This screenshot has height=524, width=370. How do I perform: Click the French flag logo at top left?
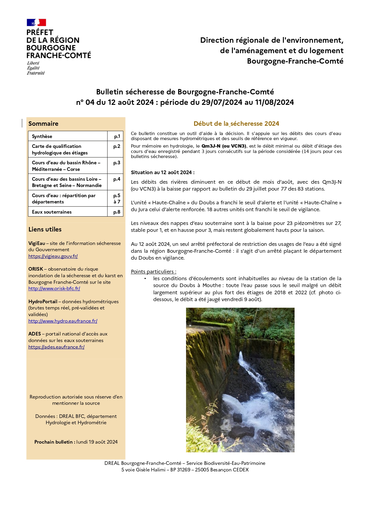point(36,22)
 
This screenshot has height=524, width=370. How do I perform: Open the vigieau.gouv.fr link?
point(53,256)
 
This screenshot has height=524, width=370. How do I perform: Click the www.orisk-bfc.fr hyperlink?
point(54,289)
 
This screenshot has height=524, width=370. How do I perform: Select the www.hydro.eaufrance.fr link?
point(63,321)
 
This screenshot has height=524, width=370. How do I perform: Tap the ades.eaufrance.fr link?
point(56,347)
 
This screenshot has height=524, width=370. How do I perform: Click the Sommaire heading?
point(44,124)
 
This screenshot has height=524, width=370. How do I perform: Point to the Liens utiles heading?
point(45,229)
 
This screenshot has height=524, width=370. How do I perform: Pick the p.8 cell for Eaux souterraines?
point(117,212)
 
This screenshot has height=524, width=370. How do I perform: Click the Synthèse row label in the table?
point(42,137)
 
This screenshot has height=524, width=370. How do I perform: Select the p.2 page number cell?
point(117,146)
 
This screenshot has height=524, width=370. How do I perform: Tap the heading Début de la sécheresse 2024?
point(236,124)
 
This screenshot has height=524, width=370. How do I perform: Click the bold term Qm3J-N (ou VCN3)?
point(224,146)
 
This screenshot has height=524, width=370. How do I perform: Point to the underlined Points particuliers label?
point(154,272)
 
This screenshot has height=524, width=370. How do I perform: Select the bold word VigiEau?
point(37,243)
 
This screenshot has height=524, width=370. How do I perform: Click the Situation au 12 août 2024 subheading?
point(163,172)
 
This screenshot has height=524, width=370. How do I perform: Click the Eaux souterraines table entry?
point(52,212)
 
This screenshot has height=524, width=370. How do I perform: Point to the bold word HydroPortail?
point(43,302)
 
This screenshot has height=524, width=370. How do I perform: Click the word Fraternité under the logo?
point(36,73)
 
